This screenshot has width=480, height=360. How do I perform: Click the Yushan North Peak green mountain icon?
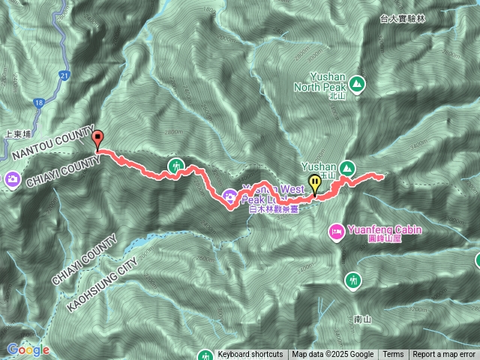pyautogui.click(x=355, y=83)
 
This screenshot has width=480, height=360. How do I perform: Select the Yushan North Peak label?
pyautogui.click(x=327, y=80)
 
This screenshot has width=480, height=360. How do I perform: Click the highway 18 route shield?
pyautogui.click(x=38, y=102)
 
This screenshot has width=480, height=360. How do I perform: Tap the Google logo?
pyautogui.click(x=28, y=349)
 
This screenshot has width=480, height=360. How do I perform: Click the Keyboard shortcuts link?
pyautogui.click(x=250, y=355)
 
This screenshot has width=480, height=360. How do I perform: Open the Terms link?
pyautogui.click(x=393, y=355)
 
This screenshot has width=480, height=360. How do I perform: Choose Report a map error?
pyautogui.click(x=444, y=355)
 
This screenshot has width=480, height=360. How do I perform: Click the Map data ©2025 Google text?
pyautogui.click(x=333, y=355)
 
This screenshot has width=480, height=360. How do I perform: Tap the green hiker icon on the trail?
pyautogui.click(x=175, y=166)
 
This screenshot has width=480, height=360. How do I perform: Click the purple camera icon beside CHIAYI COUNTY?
pyautogui.click(x=13, y=179)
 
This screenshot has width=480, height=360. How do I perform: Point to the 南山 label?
pyautogui.click(x=361, y=319)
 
